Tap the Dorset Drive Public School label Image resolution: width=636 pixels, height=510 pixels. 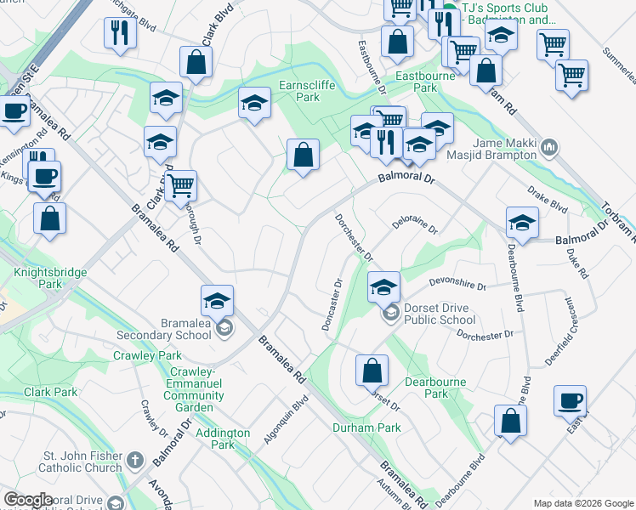tap(439, 314)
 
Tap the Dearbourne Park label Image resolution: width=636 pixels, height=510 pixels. tap(435, 388)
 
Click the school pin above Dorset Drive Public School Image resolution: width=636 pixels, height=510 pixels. tap(383, 287)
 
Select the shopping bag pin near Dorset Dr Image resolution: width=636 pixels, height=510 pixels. tap(372, 371)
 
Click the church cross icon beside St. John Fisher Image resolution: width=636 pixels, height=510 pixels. tap(135, 462)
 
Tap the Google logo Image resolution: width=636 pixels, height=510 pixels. tap(28, 501)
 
